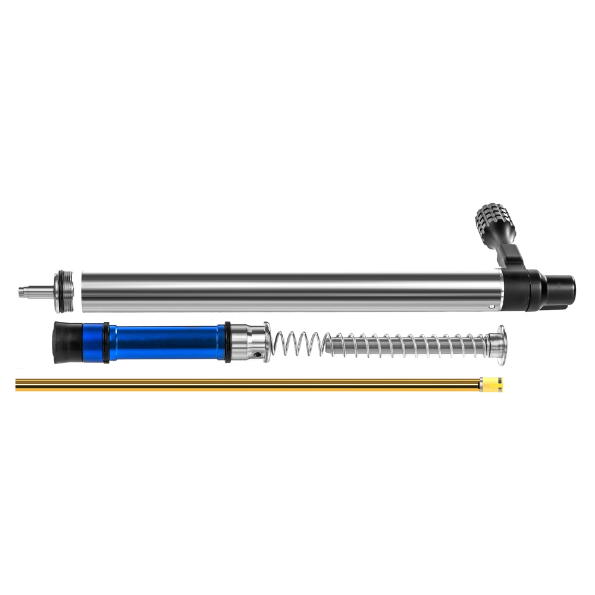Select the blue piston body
click(167, 342)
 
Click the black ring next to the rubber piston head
click(106, 342)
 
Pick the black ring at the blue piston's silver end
click(227, 342)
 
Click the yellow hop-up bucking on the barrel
click(491, 385)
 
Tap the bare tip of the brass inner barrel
click(18, 386)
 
